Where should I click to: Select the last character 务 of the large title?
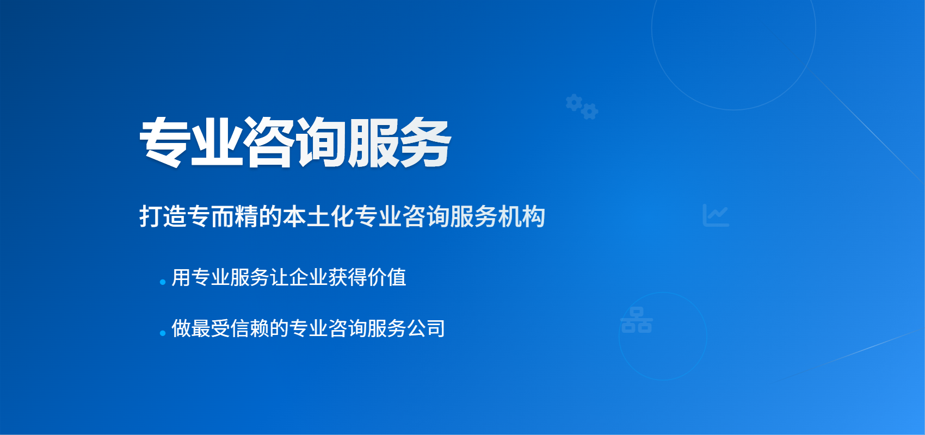tap(425, 142)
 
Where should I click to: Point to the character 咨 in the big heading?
tap(269, 142)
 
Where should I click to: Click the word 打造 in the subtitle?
tap(163, 216)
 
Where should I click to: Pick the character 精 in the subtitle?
tap(246, 216)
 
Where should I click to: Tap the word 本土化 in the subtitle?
tap(318, 216)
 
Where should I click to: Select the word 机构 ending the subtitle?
tap(522, 216)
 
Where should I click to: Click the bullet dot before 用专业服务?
tap(163, 282)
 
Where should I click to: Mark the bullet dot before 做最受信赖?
tap(163, 333)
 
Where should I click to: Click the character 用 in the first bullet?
tap(181, 277)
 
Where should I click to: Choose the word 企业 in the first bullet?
tap(309, 277)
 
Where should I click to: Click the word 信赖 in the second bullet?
tap(250, 328)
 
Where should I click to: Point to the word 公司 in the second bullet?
tap(426, 328)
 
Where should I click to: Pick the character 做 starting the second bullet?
tap(181, 328)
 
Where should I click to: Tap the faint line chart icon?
tap(716, 215)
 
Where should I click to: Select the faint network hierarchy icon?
tap(637, 320)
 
